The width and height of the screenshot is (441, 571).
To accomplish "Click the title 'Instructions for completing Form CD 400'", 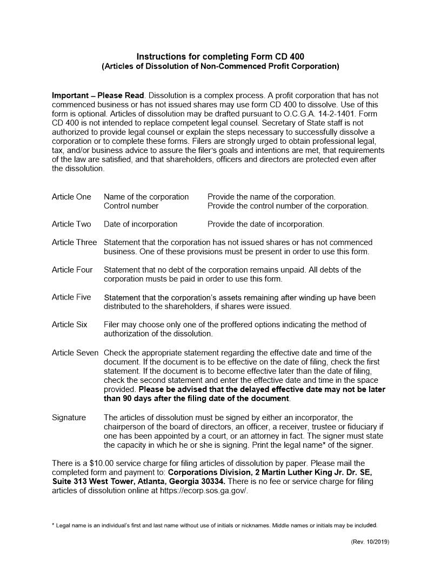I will [x=220, y=57].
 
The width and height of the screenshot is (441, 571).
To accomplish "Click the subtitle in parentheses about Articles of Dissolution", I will [x=220, y=67].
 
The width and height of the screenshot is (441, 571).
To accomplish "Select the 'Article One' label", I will [x=71, y=197].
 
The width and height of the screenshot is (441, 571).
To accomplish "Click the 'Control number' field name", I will [x=131, y=206].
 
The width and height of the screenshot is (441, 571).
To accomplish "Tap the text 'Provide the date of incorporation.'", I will [x=266, y=224].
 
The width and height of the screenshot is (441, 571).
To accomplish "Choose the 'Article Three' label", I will [x=74, y=243].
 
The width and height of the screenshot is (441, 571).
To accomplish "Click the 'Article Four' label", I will [x=72, y=270].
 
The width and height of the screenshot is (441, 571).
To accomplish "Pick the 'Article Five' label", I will [x=71, y=297].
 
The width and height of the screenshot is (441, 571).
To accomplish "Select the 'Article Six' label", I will [x=69, y=325].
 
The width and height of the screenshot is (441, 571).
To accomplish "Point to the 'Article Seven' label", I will [x=75, y=353].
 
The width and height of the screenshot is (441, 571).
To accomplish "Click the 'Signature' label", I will [x=69, y=417].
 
